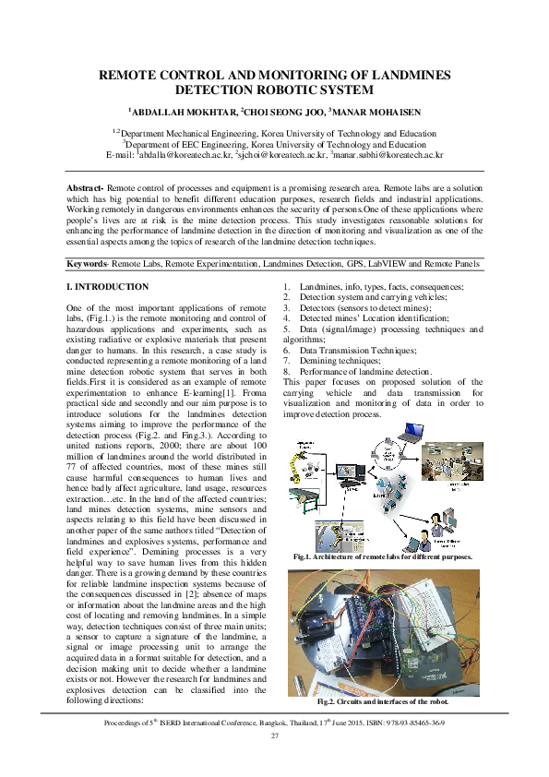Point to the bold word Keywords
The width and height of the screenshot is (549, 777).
[88, 265]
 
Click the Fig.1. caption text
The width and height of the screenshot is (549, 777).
[381, 557]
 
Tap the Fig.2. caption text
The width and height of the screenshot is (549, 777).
[381, 702]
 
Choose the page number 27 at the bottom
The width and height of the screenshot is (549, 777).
[274, 735]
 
